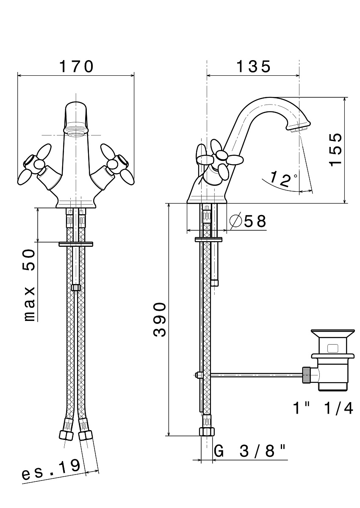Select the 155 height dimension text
(336, 150)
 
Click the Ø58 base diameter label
(248, 221)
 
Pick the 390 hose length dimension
(160, 319)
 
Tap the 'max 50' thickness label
(30, 285)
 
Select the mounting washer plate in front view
(76, 244)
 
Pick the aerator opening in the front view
(76, 131)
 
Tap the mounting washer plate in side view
(209, 239)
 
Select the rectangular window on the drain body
(333, 348)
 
